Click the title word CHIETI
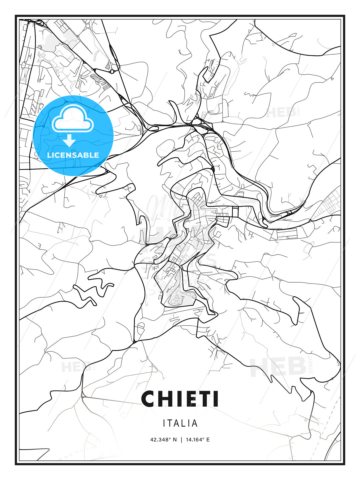(180, 399)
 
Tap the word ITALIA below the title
(180, 423)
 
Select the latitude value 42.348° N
(163, 440)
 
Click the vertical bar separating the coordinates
(181, 440)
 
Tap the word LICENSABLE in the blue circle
(73, 155)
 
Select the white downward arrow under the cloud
(69, 141)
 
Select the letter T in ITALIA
(170, 423)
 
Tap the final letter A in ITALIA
(195, 423)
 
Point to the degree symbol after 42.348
(170, 438)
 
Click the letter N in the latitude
(175, 440)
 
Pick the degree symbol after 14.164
(204, 438)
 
